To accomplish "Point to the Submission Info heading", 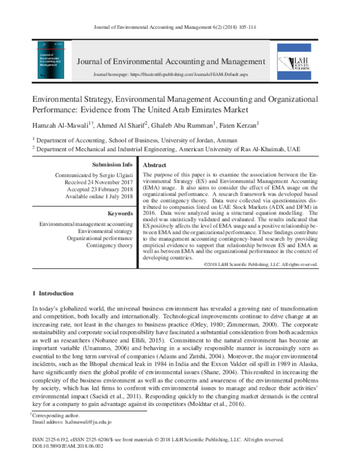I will pos(112,165).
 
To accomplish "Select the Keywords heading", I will pos(119,213).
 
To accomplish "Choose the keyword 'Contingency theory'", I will pos(109,245).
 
